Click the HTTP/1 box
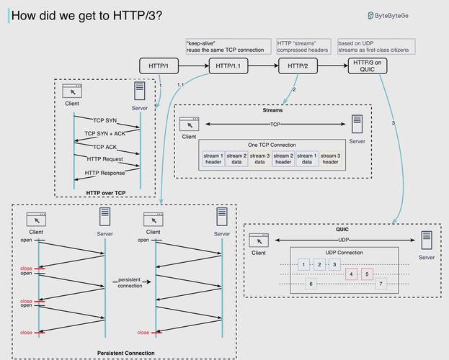pos(159,66)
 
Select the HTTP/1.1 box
pos(228,66)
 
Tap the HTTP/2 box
pos(298,66)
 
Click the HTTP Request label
pos(105,159)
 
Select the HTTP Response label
pos(105,173)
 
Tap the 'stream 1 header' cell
pos(213,158)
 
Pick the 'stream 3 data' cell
pos(259,158)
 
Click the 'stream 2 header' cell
pos(283,158)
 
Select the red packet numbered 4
pos(352,274)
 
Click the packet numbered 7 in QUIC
pos(380,284)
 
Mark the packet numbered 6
pos(310,284)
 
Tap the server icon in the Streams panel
pos(357,124)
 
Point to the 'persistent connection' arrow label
pos(130,282)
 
